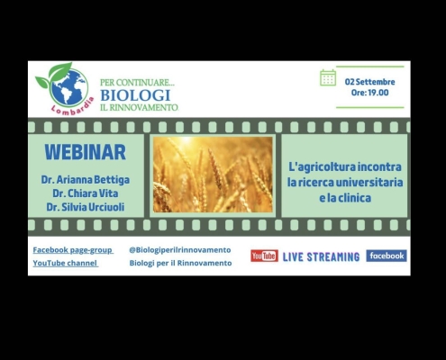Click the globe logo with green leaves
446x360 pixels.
tap(64, 85)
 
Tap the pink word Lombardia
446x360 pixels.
tap(73, 107)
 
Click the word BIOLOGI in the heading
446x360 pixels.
tap(135, 95)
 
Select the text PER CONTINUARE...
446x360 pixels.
tap(137, 82)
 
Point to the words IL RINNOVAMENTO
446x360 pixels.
tap(139, 107)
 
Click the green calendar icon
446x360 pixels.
tap(328, 77)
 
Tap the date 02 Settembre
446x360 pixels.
tap(369, 82)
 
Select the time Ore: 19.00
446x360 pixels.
tap(370, 93)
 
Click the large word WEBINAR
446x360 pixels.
tap(86, 152)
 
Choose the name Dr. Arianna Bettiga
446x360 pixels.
tap(86, 180)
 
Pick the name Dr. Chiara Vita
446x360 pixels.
tap(86, 193)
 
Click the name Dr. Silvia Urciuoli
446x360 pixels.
tap(86, 207)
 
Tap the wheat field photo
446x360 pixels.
tap(213, 175)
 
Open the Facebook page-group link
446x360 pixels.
tap(73, 250)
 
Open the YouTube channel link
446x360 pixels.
tap(65, 263)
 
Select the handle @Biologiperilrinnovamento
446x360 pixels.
tap(180, 250)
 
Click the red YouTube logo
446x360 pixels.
tap(264, 256)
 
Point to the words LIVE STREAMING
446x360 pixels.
tap(321, 256)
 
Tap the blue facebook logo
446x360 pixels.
tap(387, 256)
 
